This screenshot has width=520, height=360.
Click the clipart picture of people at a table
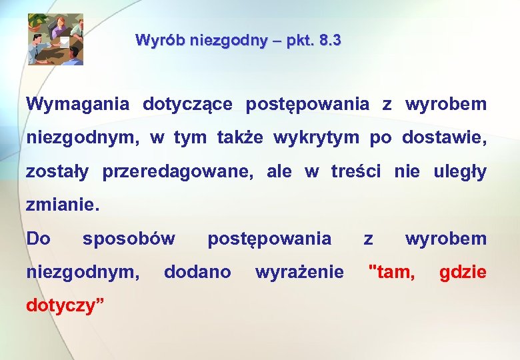55,39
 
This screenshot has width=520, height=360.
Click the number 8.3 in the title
331,41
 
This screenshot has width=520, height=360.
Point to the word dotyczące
187,105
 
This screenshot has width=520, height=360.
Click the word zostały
57,172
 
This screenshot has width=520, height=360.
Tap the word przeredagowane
178,172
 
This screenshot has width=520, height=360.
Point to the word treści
356,172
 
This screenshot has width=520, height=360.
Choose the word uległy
460,172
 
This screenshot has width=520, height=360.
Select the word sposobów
129,239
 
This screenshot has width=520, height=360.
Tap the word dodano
197,272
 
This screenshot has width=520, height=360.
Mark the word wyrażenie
300,272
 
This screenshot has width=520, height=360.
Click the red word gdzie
463,272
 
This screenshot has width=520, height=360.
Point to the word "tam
392,272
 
